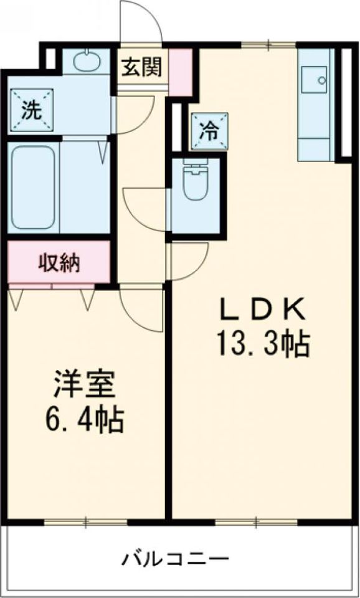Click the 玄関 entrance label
pos(141,67)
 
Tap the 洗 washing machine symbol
pos(31,110)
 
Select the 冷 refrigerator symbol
pos(209,130)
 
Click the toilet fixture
pos(196,180)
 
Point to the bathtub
pos(34,187)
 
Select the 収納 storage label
pos(60,263)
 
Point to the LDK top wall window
pos(268,44)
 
